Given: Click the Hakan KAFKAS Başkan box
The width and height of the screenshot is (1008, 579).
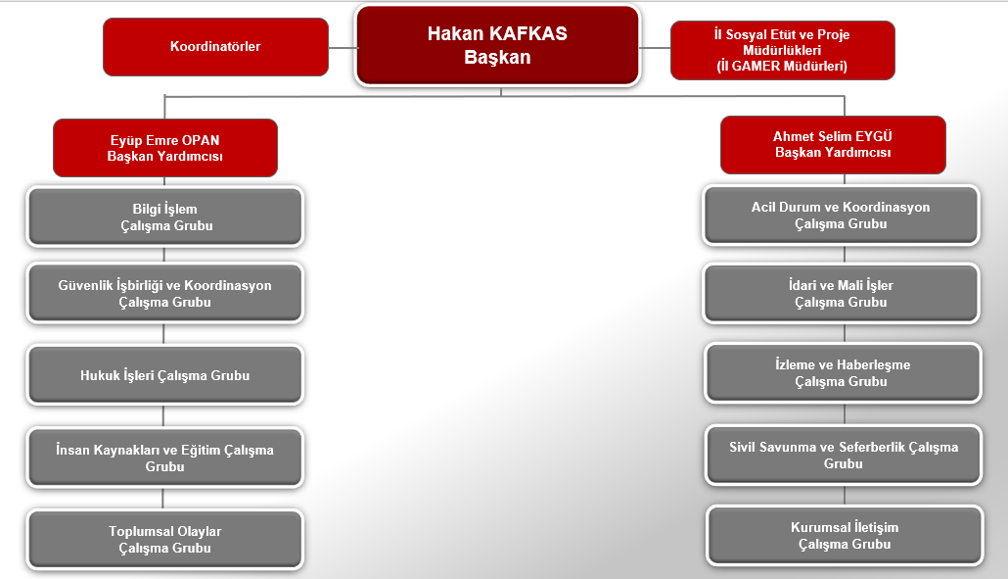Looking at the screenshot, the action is pos(497,46).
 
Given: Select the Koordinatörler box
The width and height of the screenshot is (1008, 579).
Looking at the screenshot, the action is pos(215,47).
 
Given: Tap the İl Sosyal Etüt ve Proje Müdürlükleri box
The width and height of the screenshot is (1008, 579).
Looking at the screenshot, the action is pos(782,50).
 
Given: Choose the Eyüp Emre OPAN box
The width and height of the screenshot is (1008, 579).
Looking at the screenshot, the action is pos(165,148).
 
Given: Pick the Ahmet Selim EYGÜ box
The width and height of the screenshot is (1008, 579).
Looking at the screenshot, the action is pos(833,145).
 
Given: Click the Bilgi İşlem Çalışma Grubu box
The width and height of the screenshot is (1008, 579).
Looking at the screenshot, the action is pos(165,217).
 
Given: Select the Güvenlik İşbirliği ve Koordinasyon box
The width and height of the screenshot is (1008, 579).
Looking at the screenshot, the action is pos(165,293).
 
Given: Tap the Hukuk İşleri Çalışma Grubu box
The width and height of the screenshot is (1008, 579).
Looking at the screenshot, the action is pos(165,375).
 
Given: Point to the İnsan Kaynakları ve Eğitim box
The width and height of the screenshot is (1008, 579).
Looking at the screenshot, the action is pos(165,458).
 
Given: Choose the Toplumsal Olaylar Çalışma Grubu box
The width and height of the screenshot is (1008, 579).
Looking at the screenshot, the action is pos(165,539).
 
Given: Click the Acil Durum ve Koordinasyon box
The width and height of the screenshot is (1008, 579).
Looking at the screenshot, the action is pos(841,215).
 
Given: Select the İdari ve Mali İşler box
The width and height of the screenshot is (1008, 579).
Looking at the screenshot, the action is pos(841,293).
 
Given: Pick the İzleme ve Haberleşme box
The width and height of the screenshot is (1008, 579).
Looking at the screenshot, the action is pos(843,373).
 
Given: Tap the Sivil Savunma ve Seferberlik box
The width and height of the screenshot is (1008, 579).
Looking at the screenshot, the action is pos(844,455).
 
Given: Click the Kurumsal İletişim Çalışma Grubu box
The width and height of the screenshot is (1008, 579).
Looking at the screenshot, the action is pos(845,536).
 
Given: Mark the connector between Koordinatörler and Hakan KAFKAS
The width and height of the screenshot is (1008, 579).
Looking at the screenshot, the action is pos(342,48).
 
